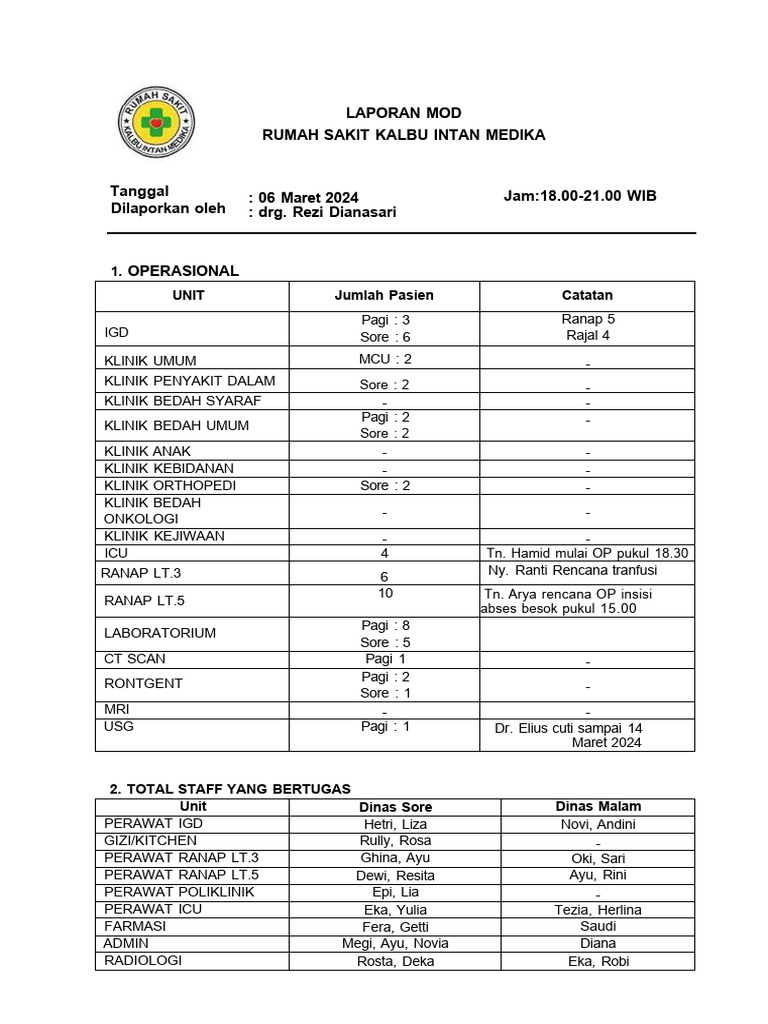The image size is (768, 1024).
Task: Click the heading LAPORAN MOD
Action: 404,113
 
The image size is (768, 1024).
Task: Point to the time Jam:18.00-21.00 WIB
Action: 580,196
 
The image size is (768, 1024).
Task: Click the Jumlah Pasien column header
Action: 384,295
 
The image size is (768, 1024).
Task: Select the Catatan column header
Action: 587,295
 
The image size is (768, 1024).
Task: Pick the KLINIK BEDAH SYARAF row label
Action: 183,401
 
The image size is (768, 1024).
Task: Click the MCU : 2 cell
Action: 385,359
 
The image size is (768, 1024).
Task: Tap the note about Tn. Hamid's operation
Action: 587,553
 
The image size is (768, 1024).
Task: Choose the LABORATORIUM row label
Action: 160,633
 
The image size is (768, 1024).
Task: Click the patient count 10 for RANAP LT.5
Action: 384,594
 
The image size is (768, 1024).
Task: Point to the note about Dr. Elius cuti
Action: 569,735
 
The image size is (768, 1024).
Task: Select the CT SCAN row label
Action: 135,659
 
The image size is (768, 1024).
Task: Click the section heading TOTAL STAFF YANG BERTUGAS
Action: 230,789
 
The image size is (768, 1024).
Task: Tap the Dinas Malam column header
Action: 598,806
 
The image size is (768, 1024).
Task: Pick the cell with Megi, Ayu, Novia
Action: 395,943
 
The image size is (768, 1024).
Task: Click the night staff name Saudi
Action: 597,926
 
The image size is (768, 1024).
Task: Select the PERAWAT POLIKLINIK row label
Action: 179,892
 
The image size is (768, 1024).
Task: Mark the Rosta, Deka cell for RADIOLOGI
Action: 395,962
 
